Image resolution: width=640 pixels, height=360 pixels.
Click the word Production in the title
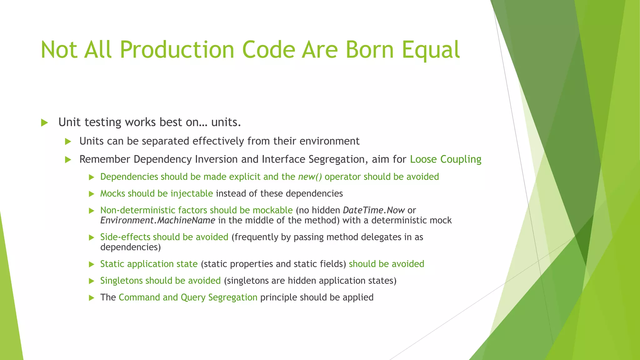pyautogui.click(x=177, y=50)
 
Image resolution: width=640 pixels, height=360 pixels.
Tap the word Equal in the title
pyautogui.click(x=431, y=50)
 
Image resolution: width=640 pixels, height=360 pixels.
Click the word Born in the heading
pyautogui.click(x=369, y=50)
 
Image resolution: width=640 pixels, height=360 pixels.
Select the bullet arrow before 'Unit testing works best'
pyautogui.click(x=44, y=122)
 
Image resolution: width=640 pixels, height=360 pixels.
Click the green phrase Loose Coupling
pyautogui.click(x=445, y=159)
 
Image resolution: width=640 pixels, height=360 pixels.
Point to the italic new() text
pyautogui.click(x=310, y=177)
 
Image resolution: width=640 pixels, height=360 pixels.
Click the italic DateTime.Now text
pyautogui.click(x=374, y=210)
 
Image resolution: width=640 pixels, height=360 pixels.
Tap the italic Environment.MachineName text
pyautogui.click(x=157, y=221)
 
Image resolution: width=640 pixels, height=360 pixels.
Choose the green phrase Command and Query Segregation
pyautogui.click(x=188, y=297)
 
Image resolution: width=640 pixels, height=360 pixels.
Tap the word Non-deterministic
pyautogui.click(x=138, y=210)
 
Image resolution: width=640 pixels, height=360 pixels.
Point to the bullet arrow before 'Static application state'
pyautogui.click(x=92, y=264)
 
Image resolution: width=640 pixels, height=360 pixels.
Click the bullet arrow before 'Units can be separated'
pyautogui.click(x=68, y=142)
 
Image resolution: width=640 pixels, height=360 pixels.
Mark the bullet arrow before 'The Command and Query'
pyautogui.click(x=92, y=297)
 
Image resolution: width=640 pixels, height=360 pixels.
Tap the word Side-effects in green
pyautogui.click(x=125, y=237)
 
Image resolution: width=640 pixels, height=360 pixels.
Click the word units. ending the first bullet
pyautogui.click(x=226, y=122)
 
